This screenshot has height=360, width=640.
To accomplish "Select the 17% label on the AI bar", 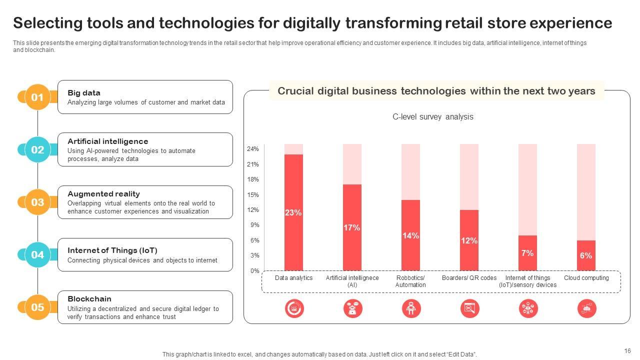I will click(352, 228).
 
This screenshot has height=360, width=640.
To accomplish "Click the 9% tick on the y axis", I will click(254, 225).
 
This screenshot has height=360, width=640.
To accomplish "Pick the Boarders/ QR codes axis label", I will click(469, 278).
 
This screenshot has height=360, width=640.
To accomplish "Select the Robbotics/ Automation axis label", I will click(410, 281).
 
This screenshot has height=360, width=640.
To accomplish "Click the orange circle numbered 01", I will click(37, 97).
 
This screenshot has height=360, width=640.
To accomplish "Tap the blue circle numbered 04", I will click(37, 254).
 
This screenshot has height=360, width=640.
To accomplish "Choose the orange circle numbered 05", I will click(37, 307).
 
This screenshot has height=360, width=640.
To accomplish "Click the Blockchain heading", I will click(89, 299).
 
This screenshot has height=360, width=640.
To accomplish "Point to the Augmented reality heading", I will click(103, 194).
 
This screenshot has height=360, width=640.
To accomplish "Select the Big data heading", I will click(84, 93).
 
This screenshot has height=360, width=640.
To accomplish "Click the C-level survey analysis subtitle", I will click(432, 117).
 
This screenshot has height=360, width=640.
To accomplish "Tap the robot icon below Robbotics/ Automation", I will click(411, 308).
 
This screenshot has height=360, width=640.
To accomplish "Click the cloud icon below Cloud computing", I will click(586, 308).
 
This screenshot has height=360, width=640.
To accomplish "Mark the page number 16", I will click(627, 351).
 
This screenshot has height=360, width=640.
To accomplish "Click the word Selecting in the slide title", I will click(48, 23).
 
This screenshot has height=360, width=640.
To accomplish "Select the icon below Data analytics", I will click(294, 308).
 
